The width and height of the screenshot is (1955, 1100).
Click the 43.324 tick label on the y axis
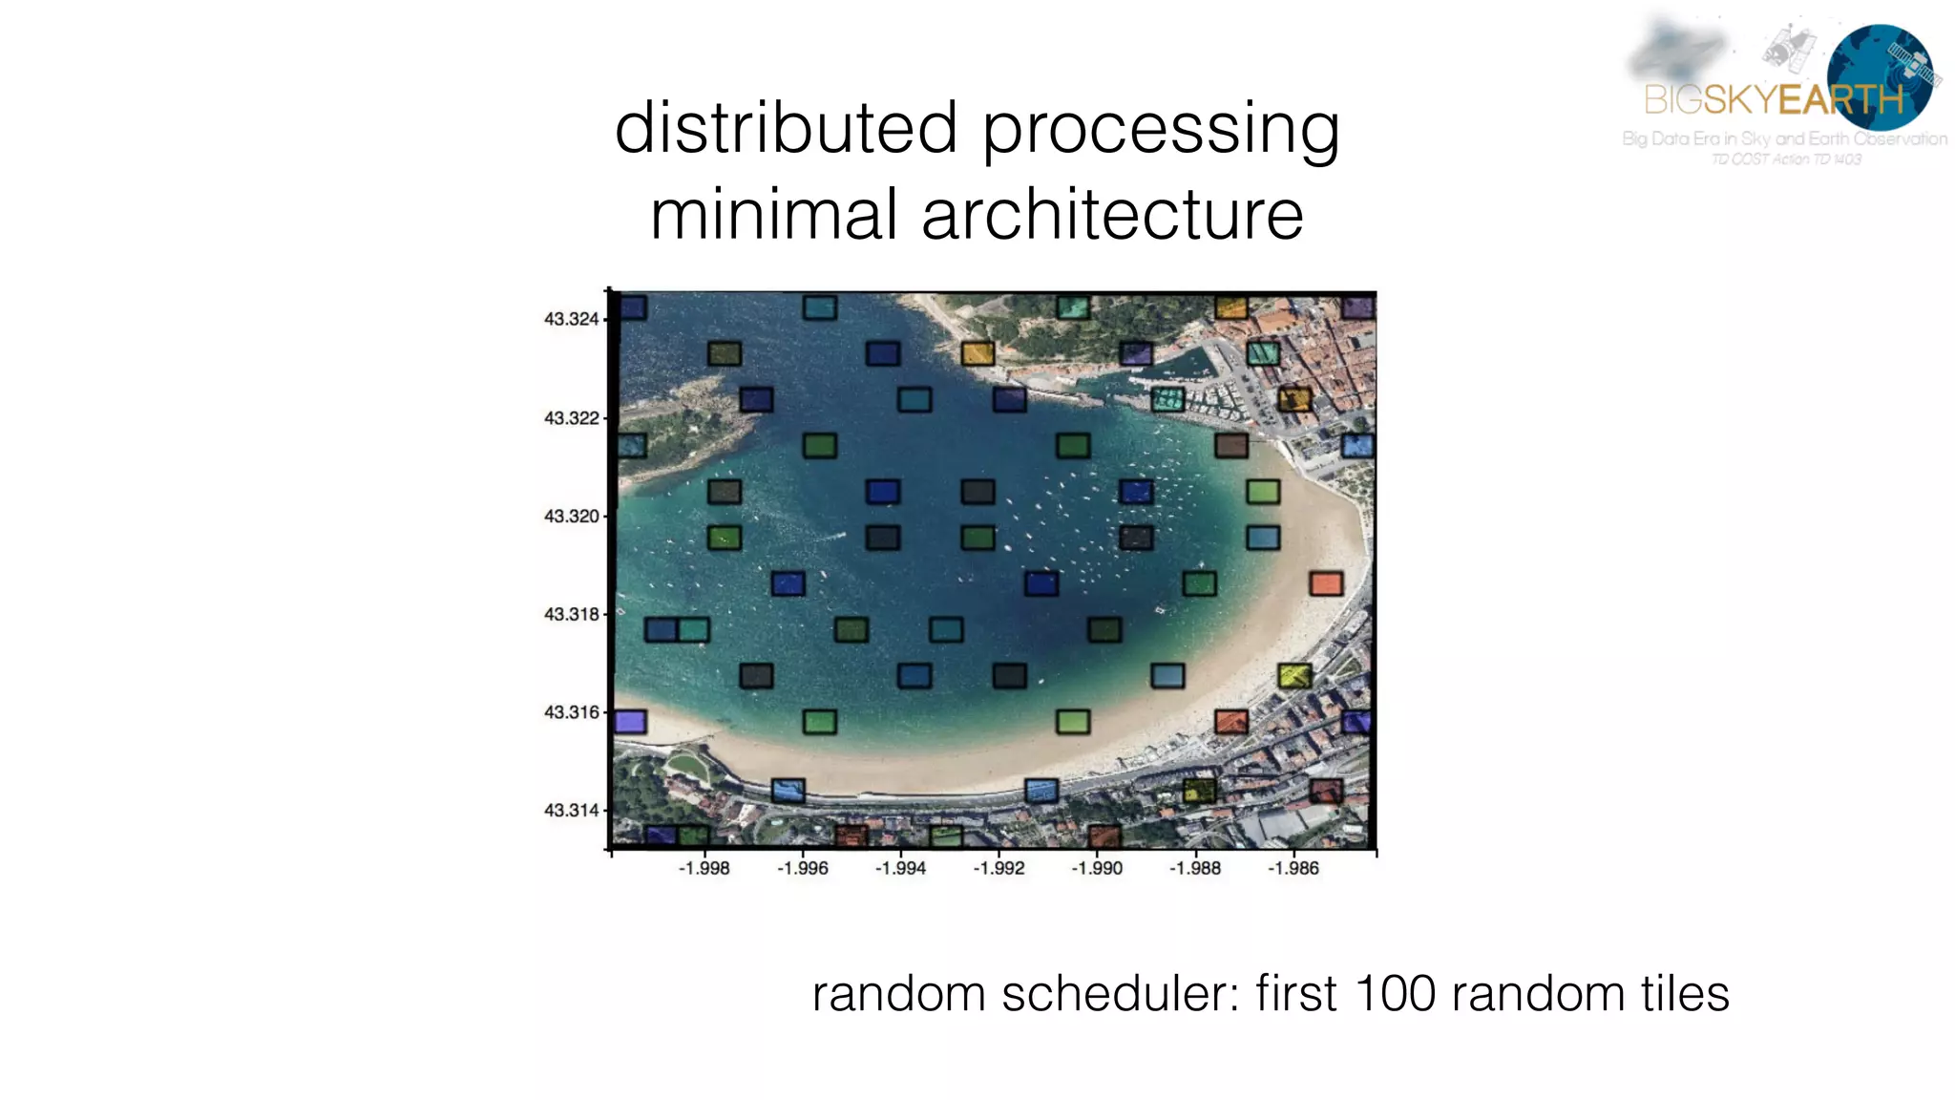pos(571,319)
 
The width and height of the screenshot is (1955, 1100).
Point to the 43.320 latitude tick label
pos(571,517)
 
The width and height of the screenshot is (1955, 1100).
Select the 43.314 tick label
pos(571,811)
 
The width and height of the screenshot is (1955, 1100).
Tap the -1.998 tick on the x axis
pos(704,868)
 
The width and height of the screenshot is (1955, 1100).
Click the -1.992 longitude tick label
pos(999,868)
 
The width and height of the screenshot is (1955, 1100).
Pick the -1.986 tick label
pos(1293,868)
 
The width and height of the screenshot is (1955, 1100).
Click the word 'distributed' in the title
pos(786,128)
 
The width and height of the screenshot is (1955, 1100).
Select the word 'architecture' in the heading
pos(1112,215)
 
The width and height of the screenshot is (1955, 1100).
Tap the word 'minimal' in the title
pos(774,215)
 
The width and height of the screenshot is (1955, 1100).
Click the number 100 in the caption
pos(1395,994)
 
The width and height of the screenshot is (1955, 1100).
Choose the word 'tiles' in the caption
pos(1685,994)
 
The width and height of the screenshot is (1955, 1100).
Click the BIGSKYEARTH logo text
pos(1774,99)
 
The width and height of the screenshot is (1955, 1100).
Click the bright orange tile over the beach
pos(1326,583)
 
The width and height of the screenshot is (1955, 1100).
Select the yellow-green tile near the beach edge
pos(1294,676)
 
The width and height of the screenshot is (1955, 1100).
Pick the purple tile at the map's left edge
pos(630,722)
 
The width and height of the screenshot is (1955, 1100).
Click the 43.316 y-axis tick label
pos(571,712)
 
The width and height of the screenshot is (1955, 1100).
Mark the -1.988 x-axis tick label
pos(1195,868)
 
